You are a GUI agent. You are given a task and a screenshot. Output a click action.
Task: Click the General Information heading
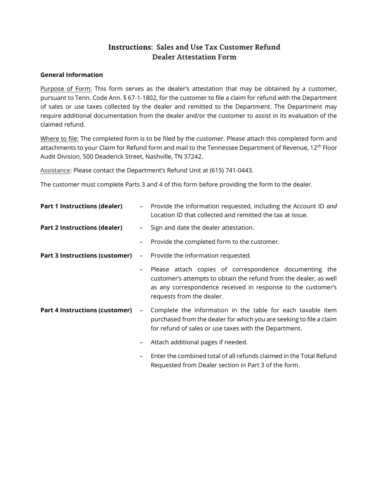click(x=71, y=75)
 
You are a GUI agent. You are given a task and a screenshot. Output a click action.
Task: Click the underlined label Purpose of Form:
click(x=66, y=89)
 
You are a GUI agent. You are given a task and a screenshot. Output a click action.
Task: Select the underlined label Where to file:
click(x=59, y=139)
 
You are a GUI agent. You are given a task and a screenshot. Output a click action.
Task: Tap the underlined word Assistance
click(x=55, y=170)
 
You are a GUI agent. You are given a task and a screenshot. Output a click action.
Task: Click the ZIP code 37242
click(x=193, y=157)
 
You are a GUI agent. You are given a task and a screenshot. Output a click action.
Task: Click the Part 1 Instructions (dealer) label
click(x=81, y=206)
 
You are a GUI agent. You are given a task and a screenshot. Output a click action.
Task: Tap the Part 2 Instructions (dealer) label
click(x=81, y=228)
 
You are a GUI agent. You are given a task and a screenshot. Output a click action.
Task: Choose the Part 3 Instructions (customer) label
click(x=86, y=256)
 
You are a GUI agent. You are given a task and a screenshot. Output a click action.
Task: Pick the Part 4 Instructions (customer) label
click(x=86, y=310)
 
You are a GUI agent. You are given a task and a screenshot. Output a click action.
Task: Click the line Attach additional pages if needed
click(x=199, y=342)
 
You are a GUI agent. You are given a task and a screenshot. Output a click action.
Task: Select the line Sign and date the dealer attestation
click(x=202, y=228)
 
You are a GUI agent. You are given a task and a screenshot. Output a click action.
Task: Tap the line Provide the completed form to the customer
click(x=215, y=242)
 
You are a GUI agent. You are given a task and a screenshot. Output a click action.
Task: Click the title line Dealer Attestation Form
click(x=194, y=57)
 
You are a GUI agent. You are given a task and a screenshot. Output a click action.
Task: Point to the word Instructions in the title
click(x=129, y=47)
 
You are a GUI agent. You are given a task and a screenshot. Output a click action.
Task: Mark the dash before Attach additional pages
click(x=141, y=342)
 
